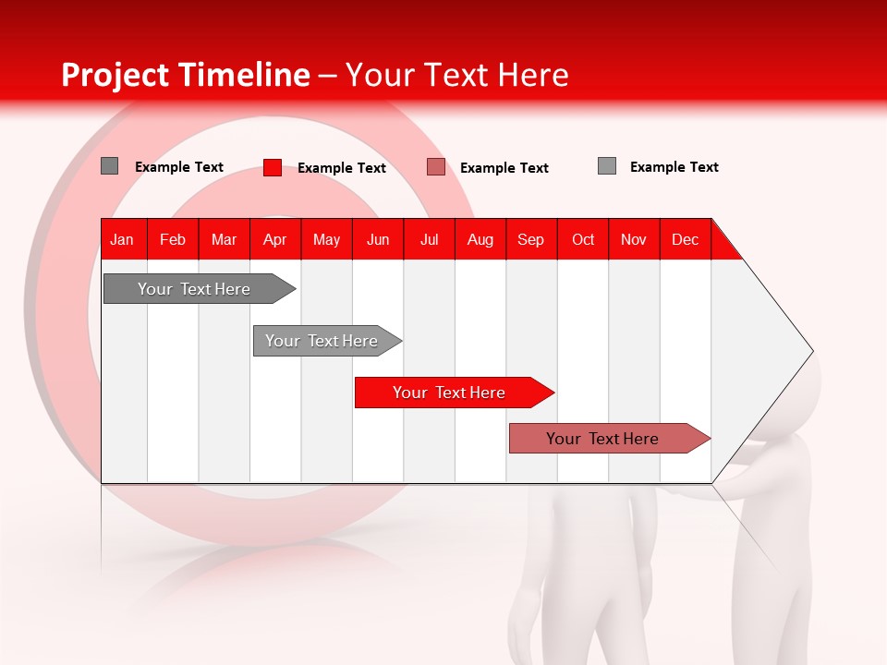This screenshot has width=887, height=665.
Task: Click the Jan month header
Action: pos(122,239)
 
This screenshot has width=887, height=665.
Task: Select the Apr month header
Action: pos(274,239)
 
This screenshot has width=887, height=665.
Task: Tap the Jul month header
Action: pos(429,239)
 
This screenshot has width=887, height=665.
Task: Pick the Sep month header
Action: pos(530,239)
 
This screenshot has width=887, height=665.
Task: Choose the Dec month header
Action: pos(685,239)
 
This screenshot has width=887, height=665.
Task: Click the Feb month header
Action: pos(173,239)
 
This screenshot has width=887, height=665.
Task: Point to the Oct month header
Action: pos(583,239)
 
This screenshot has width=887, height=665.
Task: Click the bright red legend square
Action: pos(273,167)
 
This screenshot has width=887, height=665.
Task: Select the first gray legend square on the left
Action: pos(109,166)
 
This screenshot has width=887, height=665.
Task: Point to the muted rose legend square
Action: pos(436,167)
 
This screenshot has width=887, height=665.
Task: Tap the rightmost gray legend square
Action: pos(607,166)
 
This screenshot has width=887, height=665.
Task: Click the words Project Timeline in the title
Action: pos(185,75)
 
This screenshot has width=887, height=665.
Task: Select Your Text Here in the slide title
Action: pos(456,75)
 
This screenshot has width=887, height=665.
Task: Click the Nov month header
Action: pos(634,239)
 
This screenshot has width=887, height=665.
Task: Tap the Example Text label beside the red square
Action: pos(341,168)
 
